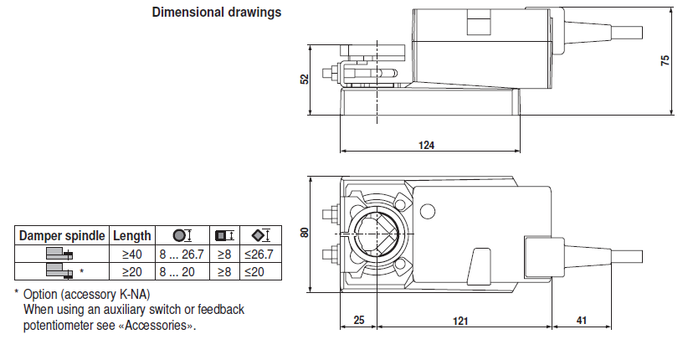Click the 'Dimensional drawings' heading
(x=216, y=13)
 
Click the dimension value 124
(x=426, y=145)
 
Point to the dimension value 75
(x=665, y=60)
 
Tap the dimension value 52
(x=305, y=78)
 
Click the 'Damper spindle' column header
(x=62, y=236)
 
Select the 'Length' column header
(x=132, y=236)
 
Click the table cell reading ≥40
(x=132, y=254)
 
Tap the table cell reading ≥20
(x=132, y=271)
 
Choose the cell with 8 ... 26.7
(x=182, y=254)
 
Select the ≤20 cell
(x=254, y=271)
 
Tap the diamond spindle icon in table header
(x=256, y=236)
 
